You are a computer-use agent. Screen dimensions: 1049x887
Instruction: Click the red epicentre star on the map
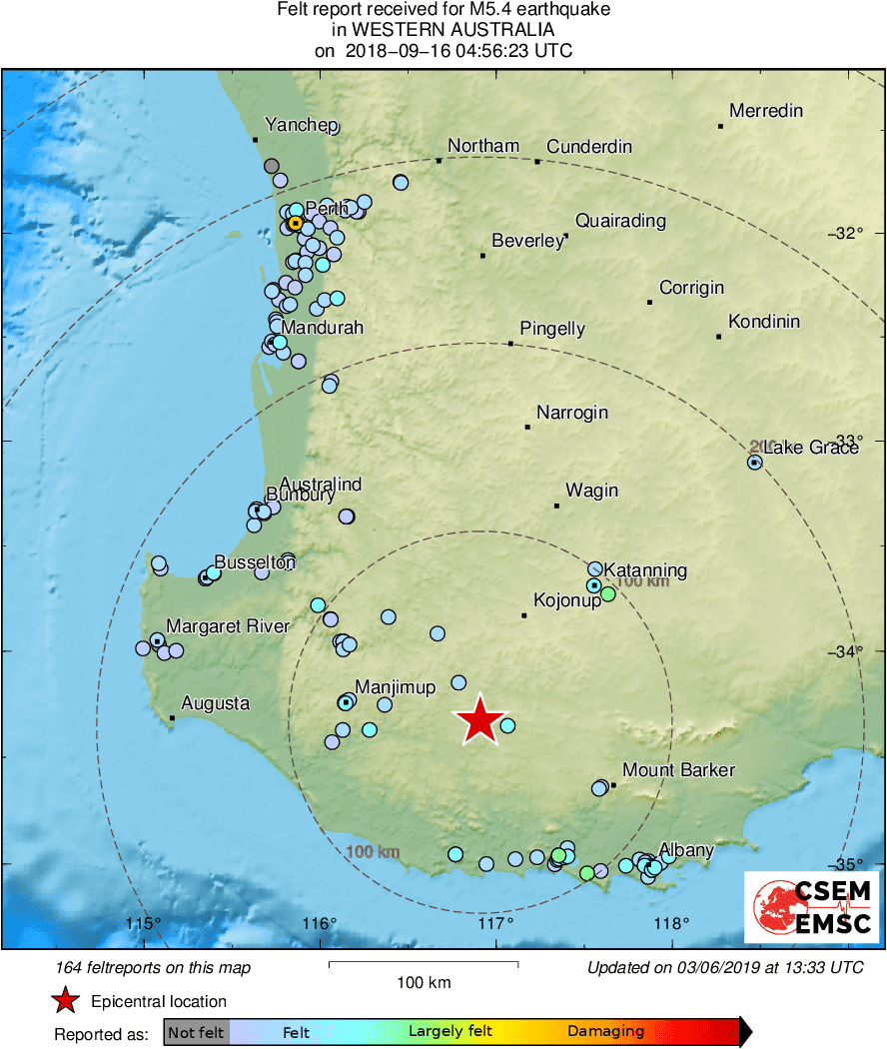click(x=479, y=719)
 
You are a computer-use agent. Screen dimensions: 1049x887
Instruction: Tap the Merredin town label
click(x=766, y=111)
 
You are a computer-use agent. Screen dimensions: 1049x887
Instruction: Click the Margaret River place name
click(x=228, y=626)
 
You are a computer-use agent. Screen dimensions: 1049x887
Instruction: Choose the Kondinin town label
click(x=764, y=322)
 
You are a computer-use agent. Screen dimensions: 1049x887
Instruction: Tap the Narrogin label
click(x=572, y=413)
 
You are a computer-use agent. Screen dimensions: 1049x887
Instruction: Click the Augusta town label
click(x=216, y=703)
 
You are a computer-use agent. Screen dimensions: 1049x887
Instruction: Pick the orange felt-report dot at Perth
click(x=296, y=224)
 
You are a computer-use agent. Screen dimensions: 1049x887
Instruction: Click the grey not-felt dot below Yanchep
click(x=272, y=166)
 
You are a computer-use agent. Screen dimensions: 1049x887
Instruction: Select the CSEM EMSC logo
click(x=811, y=907)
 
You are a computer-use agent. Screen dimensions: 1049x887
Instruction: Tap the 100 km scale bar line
click(x=424, y=963)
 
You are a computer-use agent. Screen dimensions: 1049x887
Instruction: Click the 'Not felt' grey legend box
click(x=196, y=1031)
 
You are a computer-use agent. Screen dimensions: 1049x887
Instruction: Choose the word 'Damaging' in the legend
click(x=606, y=1031)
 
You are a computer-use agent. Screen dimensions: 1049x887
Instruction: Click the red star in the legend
click(x=66, y=1001)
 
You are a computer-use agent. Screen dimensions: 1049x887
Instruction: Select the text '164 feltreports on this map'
click(x=154, y=967)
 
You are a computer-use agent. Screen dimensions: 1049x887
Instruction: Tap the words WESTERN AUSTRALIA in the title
click(x=443, y=30)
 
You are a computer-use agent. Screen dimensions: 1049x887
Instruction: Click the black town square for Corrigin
click(x=649, y=302)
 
